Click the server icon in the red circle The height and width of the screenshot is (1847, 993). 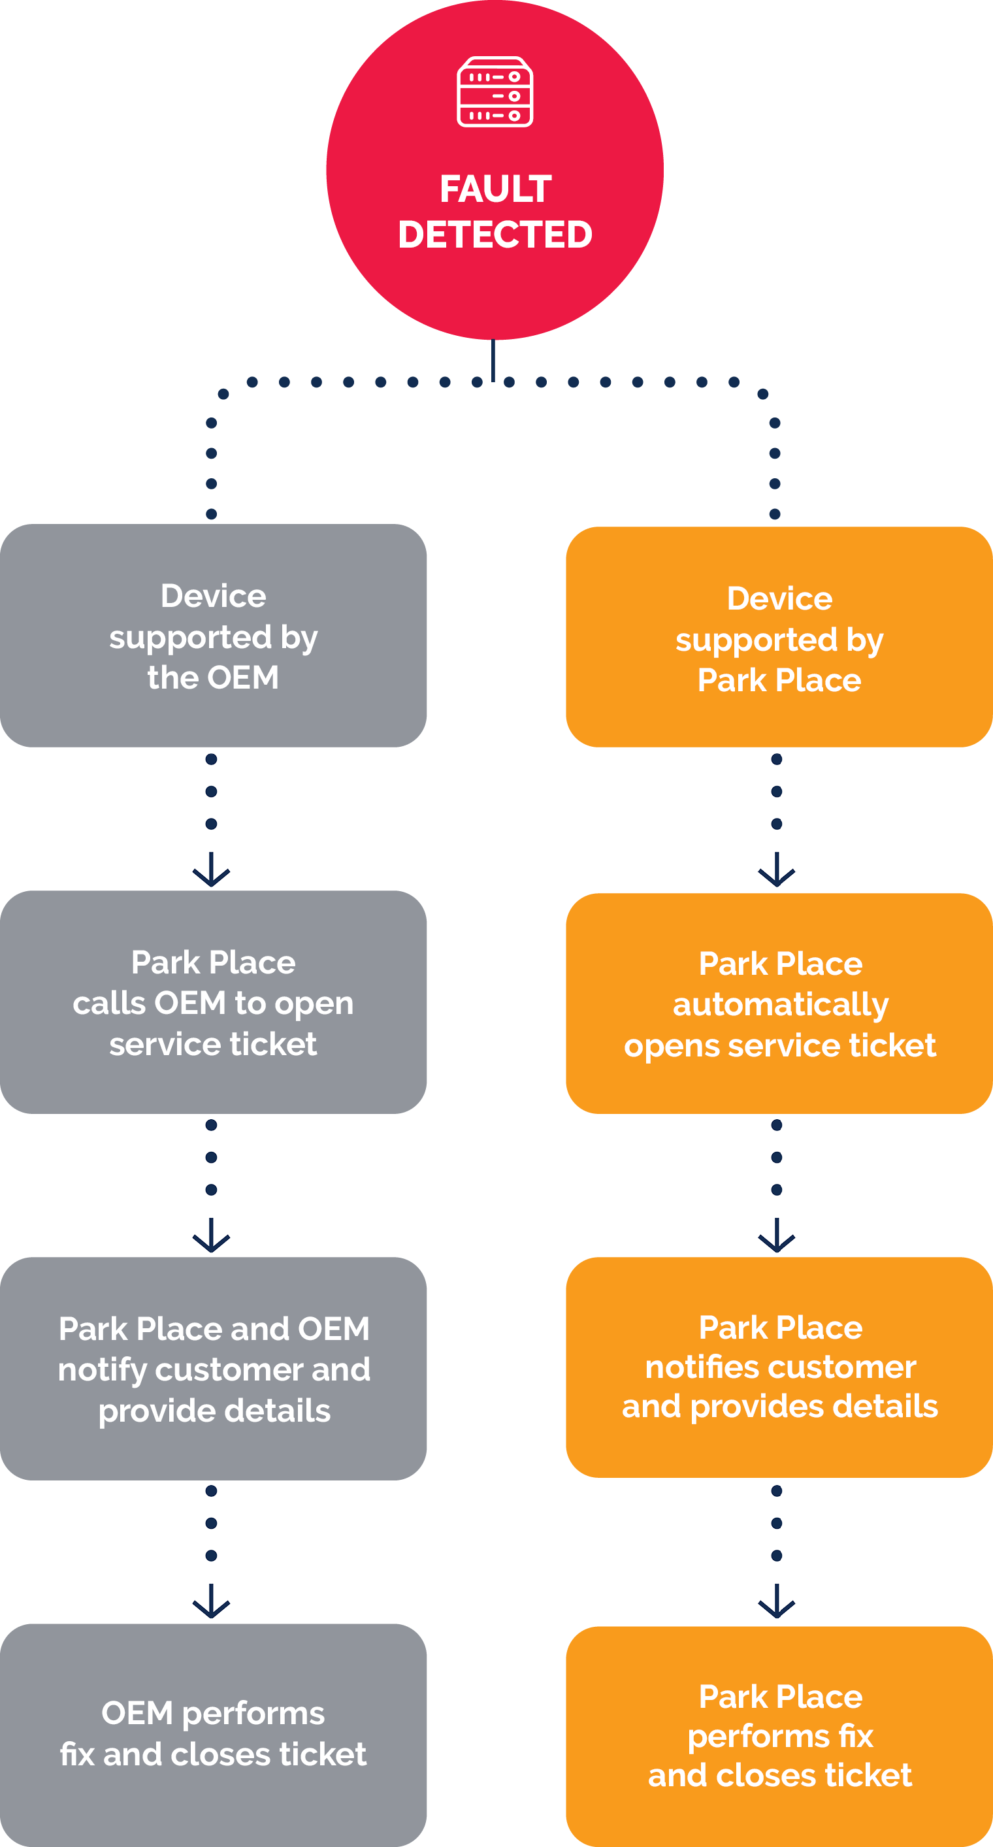pos(495,91)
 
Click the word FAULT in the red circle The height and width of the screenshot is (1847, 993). pos(495,189)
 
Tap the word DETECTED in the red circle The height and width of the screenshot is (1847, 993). pos(495,235)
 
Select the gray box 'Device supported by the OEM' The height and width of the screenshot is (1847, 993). pos(213,635)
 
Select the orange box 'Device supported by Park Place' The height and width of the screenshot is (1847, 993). pos(779,638)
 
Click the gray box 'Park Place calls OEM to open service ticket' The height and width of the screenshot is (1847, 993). pos(213,1002)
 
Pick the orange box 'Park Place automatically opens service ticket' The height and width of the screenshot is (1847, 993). pos(779,1003)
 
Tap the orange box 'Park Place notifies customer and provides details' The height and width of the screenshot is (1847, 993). pos(779,1367)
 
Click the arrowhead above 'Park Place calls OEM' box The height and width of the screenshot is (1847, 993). pos(212,874)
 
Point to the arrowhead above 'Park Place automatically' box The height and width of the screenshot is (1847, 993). pos(777,874)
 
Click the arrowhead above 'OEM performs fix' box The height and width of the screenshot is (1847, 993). pos(212,1605)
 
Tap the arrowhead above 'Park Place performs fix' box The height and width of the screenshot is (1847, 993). pos(777,1605)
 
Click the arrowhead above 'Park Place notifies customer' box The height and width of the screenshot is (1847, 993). pos(777,1239)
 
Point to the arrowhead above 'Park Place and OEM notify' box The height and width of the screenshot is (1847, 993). pos(212,1239)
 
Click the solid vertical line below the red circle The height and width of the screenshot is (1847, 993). pos(493,359)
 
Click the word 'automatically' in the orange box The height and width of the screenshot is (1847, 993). pos(780,1005)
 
